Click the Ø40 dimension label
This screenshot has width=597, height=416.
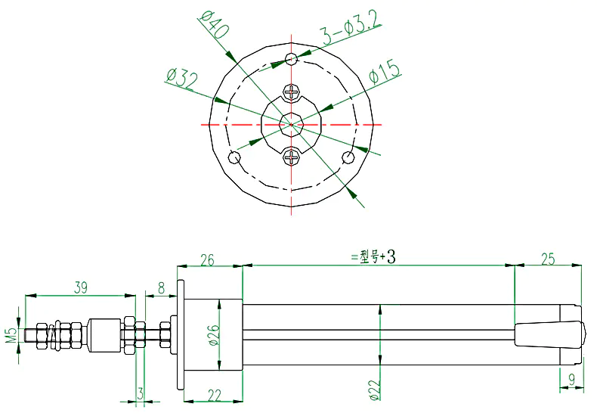[214, 25]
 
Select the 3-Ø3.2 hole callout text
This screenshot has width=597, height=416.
[351, 29]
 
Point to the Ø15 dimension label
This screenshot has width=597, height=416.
[385, 71]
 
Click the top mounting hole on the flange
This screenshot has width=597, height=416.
[291, 59]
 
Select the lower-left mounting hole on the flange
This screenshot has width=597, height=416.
[234, 157]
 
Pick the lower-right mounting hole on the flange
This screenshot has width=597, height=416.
[348, 157]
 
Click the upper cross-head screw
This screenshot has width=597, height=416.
[291, 92]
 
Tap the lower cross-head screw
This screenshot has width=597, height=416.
[291, 157]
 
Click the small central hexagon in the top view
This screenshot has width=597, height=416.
[291, 124]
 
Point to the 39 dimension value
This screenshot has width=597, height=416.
[80, 287]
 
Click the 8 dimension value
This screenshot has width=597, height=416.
[162, 288]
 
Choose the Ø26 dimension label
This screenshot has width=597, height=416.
[215, 335]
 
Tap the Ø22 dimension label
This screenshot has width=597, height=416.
[374, 390]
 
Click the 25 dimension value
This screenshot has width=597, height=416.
[548, 259]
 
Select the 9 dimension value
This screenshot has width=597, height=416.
[571, 380]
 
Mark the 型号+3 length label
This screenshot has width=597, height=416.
[373, 257]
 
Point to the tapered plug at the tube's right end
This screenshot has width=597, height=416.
[549, 334]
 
